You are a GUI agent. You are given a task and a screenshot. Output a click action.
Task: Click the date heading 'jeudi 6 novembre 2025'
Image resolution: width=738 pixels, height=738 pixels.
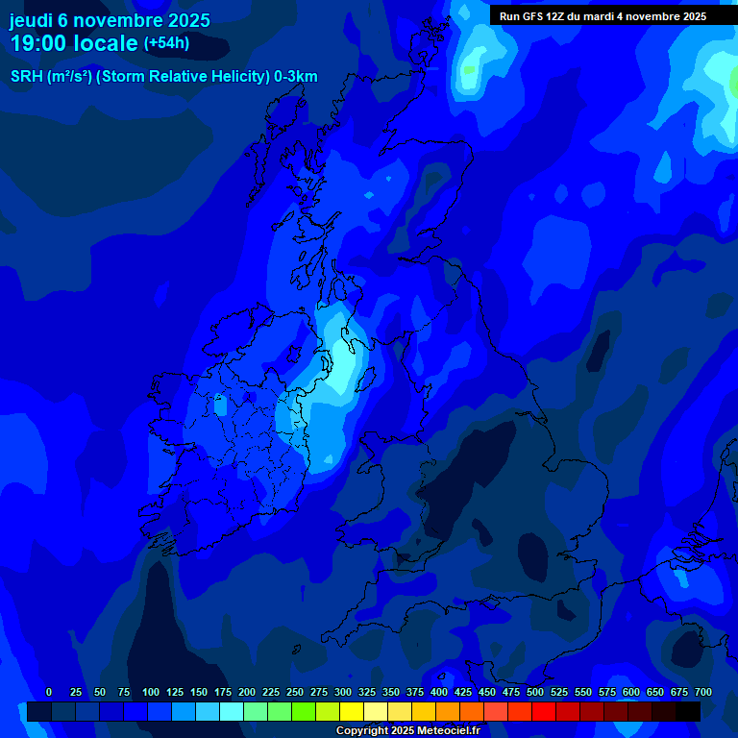[110, 20]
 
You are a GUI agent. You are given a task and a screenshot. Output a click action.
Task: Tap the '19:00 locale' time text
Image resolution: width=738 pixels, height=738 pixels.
[74, 43]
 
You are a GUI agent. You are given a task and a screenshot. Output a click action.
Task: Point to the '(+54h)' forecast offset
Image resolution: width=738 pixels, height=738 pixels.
[166, 43]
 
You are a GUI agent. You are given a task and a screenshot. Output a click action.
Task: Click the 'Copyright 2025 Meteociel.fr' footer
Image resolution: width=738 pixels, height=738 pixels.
[406, 730]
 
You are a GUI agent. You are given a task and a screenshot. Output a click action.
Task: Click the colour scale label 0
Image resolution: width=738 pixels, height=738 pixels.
[49, 692]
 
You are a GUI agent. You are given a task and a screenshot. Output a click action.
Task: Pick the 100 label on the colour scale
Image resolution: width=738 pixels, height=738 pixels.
[151, 692]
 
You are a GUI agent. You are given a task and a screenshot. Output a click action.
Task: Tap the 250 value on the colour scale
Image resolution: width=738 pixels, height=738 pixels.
[295, 692]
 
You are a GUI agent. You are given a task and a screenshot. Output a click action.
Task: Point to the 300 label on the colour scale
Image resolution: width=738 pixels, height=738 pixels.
[343, 692]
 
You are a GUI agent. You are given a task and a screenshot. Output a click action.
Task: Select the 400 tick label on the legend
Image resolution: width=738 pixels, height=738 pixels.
[439, 692]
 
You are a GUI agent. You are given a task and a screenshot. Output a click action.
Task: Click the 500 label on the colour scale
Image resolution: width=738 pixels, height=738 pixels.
[535, 692]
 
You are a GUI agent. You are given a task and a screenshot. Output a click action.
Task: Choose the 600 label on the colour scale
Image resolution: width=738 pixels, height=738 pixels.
[631, 692]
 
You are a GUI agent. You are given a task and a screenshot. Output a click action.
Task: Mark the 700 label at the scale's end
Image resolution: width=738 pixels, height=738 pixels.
[703, 692]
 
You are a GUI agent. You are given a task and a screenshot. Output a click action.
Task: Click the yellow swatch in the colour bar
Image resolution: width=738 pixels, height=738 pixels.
[352, 711]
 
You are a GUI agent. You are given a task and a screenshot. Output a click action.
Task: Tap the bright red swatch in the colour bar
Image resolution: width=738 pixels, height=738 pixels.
[544, 711]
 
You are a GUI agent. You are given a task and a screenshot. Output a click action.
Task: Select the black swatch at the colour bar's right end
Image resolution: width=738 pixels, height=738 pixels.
[688, 711]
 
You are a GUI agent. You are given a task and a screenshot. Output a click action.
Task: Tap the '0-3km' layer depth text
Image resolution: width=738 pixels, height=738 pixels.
[296, 77]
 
